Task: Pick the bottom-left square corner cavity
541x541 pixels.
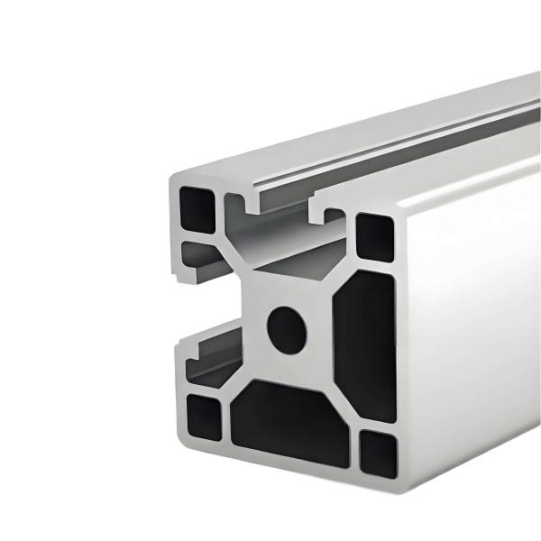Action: click(x=203, y=418)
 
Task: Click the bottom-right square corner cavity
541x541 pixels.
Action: click(x=376, y=454)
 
